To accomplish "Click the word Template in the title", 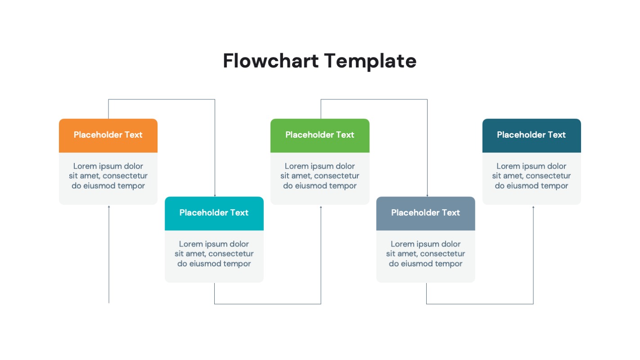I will (x=370, y=61).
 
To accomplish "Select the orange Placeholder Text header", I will (x=108, y=135).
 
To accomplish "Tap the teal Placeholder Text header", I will (x=214, y=213).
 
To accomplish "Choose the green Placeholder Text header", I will (x=320, y=135).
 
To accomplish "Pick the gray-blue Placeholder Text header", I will (x=425, y=213).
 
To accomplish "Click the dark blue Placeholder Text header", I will (x=531, y=135).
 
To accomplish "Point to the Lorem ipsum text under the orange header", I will (x=108, y=176).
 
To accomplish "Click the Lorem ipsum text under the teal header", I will (x=214, y=254).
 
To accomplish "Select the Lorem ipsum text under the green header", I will (x=320, y=176).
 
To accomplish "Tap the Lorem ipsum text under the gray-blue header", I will (x=425, y=254).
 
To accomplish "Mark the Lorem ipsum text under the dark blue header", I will (x=531, y=176).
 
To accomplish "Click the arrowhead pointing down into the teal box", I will (x=215, y=195).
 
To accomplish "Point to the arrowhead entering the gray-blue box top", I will (x=427, y=195).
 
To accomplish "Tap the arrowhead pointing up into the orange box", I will (x=109, y=207).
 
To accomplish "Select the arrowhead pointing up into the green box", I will (x=321, y=207).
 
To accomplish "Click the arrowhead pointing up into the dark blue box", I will (x=533, y=207).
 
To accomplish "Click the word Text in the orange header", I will (x=134, y=135).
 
